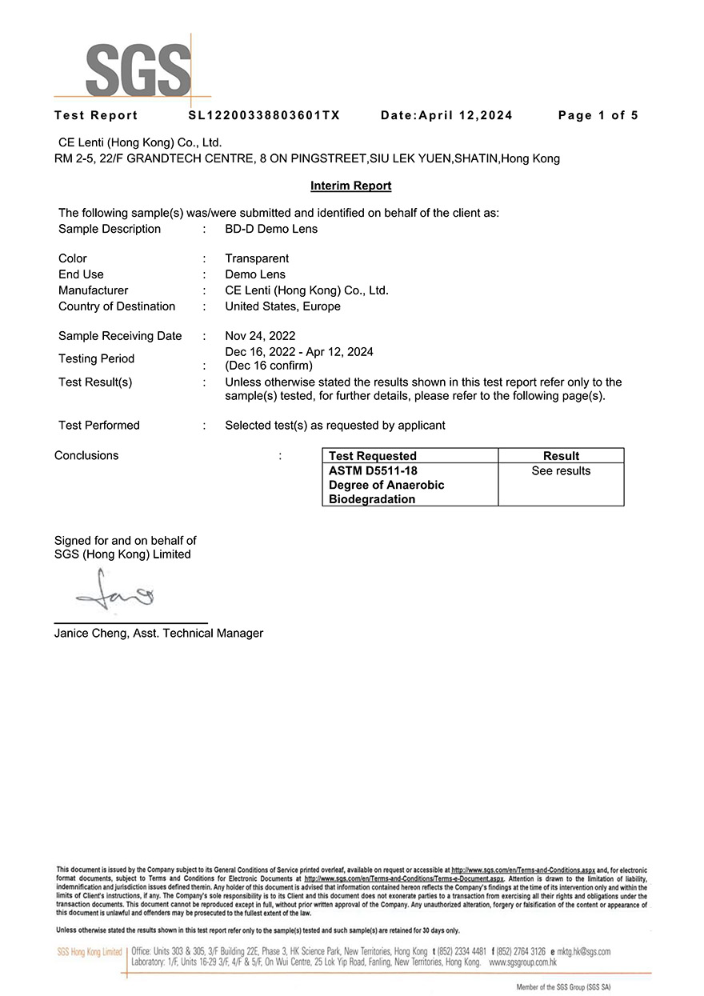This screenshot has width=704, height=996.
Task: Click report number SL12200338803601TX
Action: click(x=264, y=115)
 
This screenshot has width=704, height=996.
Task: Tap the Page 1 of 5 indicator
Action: click(x=598, y=115)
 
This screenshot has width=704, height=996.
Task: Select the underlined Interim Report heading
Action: click(x=350, y=186)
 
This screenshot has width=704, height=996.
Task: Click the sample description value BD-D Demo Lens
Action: click(x=271, y=229)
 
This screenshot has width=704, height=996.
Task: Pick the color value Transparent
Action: click(x=257, y=258)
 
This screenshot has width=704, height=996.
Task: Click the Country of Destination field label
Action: click(x=117, y=306)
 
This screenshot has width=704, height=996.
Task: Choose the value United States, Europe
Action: click(x=282, y=306)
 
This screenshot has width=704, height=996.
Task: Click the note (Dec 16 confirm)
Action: click(x=269, y=366)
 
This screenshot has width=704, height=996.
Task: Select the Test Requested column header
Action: click(x=373, y=456)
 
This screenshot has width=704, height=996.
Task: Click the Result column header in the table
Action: click(x=561, y=456)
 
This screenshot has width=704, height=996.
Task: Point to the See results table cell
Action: click(x=561, y=471)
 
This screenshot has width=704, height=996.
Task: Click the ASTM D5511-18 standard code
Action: click(x=373, y=471)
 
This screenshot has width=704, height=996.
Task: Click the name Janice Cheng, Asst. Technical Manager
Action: click(x=158, y=634)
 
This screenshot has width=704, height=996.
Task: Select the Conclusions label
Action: click(x=86, y=456)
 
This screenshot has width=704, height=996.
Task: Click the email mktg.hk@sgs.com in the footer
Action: click(x=583, y=952)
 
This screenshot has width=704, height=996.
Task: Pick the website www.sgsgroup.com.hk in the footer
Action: click(x=522, y=963)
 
